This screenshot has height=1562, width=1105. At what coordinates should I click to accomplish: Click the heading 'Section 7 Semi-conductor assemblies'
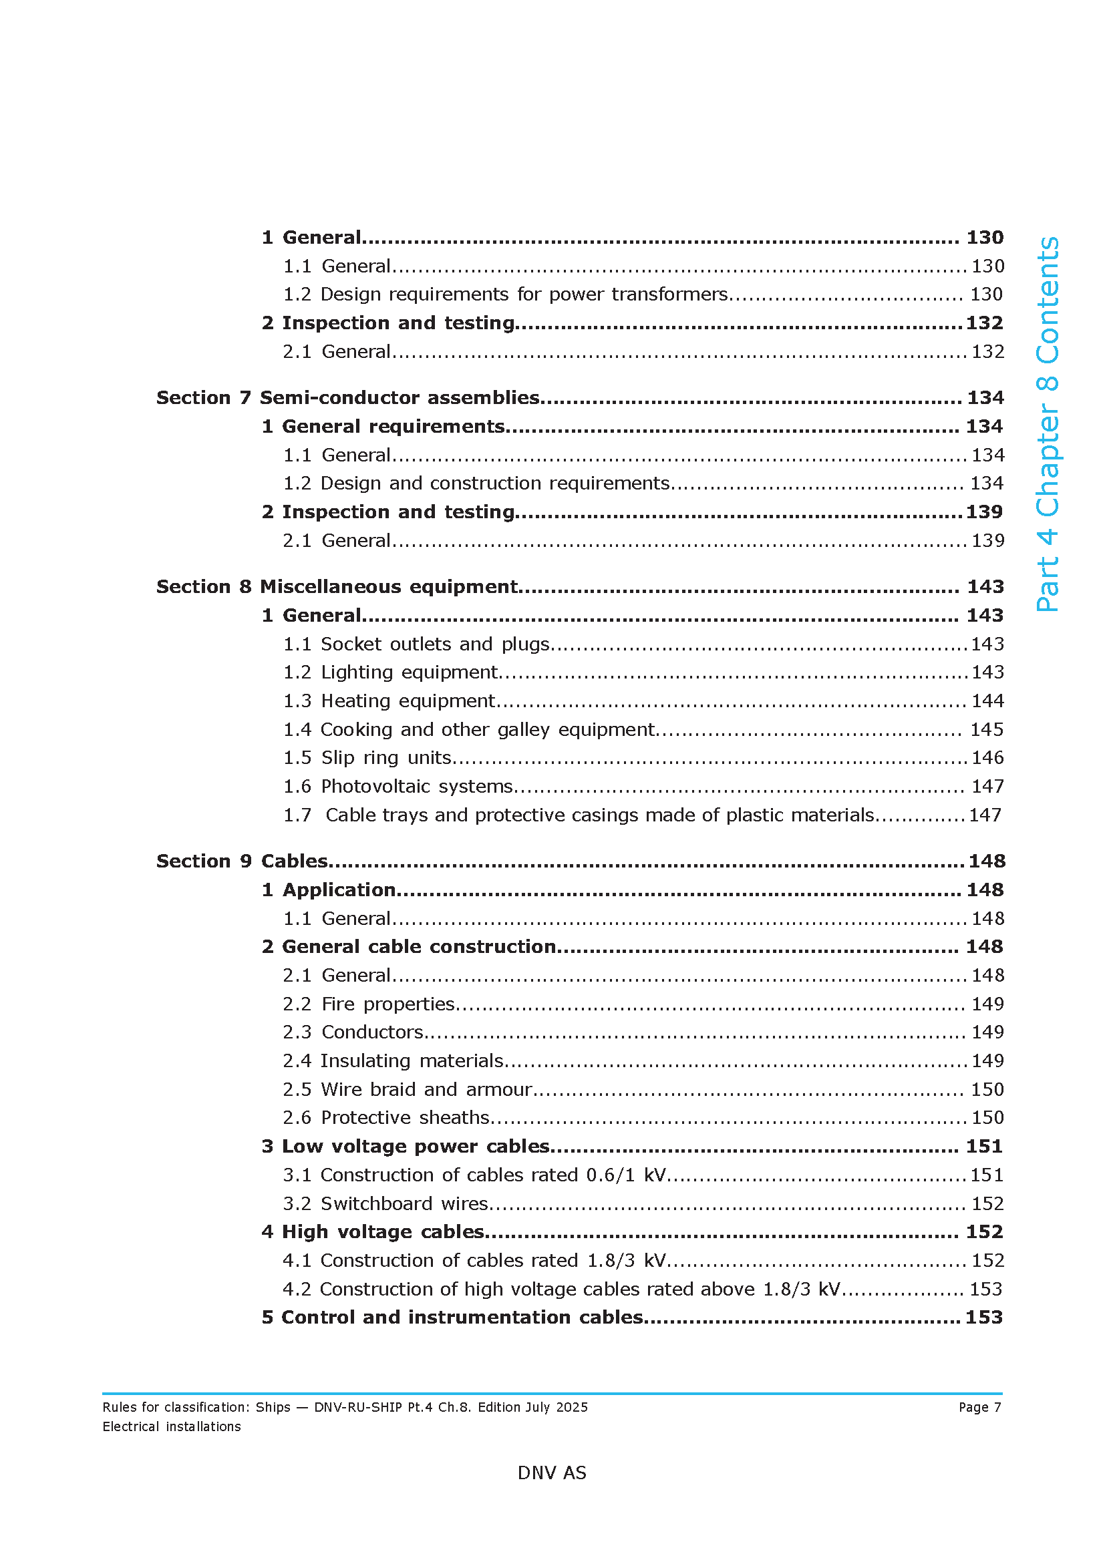347,397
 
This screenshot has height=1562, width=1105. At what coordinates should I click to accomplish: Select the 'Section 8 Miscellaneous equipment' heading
337,586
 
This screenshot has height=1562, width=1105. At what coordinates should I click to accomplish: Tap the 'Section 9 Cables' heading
243,861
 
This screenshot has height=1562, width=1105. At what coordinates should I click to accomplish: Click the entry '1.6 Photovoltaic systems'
398,786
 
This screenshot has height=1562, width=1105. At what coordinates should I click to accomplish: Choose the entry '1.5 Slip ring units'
367,757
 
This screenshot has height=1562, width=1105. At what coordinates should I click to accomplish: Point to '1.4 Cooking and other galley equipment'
469,729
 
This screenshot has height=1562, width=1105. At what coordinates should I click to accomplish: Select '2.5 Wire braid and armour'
407,1089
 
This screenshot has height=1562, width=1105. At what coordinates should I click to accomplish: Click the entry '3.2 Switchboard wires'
385,1203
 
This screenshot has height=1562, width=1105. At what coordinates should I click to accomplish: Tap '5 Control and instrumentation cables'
452,1317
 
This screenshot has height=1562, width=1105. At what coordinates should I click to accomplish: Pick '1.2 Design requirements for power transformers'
505,294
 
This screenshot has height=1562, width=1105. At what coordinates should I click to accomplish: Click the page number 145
987,729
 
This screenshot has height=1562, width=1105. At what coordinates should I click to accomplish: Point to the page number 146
987,757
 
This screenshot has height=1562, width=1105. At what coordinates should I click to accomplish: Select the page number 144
987,701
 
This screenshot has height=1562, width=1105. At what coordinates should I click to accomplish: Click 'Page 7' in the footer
980,1407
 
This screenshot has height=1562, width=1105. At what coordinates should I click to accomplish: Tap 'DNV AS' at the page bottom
552,1473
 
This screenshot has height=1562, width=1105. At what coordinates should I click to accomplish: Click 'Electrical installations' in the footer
172,1426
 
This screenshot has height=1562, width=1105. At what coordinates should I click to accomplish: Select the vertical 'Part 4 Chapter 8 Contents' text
1047,424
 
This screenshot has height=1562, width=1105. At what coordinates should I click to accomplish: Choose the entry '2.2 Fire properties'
368,1004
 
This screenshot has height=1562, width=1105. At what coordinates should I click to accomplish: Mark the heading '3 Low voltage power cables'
406,1147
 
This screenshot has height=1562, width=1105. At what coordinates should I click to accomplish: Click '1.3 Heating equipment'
389,701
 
